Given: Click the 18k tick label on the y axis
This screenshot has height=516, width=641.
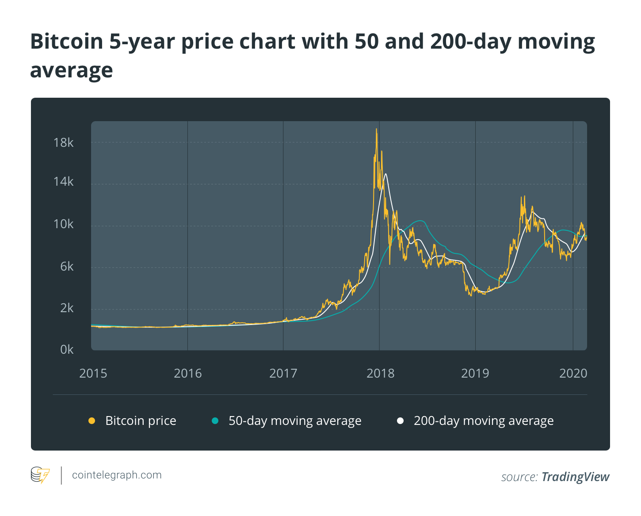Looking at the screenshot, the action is point(63,143).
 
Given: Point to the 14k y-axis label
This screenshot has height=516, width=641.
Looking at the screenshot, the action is point(63,182).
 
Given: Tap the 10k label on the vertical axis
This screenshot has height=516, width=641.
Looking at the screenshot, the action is point(63,224).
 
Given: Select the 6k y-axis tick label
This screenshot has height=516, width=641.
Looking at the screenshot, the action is point(67,267).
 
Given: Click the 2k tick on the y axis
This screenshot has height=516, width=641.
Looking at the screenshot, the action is point(67,308).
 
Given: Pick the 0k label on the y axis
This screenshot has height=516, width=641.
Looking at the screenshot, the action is point(67,350).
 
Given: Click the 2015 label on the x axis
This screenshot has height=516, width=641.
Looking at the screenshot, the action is point(93,374).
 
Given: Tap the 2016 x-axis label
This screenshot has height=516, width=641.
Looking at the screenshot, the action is point(187,374).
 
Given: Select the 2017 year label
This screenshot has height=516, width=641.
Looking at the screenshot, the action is point(283,374).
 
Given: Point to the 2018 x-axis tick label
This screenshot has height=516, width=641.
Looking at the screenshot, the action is point(380,374).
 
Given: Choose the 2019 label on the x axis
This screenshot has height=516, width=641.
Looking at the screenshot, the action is point(475,374).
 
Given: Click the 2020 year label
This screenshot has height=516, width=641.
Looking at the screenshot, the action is point(573,374).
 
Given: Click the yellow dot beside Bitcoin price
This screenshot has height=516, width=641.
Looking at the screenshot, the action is point(92,420).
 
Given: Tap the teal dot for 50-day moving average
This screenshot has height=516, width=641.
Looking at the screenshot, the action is point(215,420).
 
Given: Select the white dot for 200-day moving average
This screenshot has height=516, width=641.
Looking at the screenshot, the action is point(401,420).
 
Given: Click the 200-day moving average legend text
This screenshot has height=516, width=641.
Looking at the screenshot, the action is point(484,421).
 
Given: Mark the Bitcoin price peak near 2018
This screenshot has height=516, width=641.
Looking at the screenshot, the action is point(377,129).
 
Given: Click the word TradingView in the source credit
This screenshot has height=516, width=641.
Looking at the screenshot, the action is point(576,477).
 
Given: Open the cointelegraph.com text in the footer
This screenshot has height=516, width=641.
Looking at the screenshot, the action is point(117,475).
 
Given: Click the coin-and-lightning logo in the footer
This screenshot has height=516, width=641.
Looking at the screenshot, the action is point(40,475).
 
